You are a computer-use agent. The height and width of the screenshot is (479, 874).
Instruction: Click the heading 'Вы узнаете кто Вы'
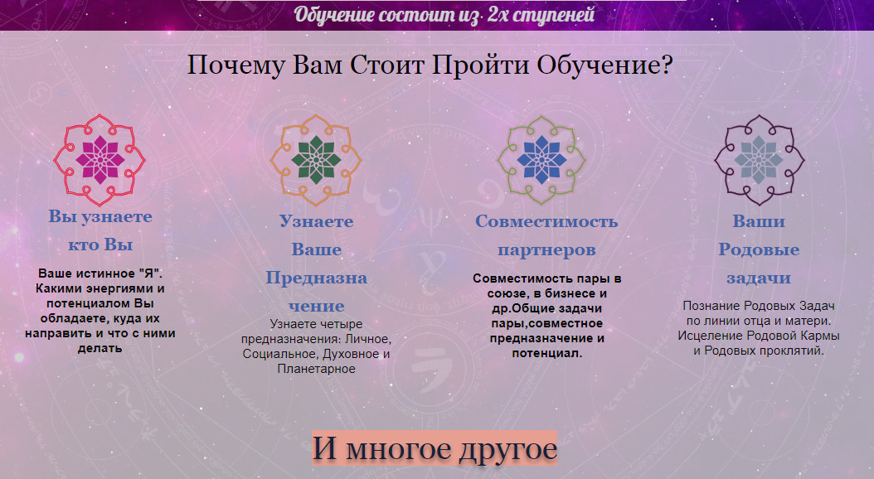pyautogui.click(x=100, y=231)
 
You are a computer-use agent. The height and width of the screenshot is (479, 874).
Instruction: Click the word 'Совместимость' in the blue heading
pyautogui.click(x=546, y=221)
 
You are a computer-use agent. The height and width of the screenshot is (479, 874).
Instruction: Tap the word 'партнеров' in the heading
pyautogui.click(x=546, y=249)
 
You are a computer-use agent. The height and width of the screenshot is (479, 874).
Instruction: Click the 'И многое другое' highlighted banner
pyautogui.click(x=435, y=449)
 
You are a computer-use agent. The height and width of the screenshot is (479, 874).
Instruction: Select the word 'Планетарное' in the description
pyautogui.click(x=316, y=369)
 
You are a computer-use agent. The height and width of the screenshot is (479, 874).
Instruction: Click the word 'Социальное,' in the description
pyautogui.click(x=275, y=354)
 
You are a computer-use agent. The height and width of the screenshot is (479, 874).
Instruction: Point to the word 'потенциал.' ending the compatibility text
pyautogui.click(x=547, y=353)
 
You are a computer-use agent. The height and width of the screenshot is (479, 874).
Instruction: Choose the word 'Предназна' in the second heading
pyautogui.click(x=316, y=278)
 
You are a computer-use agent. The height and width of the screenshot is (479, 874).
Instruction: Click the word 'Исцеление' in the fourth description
pyautogui.click(x=706, y=336)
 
